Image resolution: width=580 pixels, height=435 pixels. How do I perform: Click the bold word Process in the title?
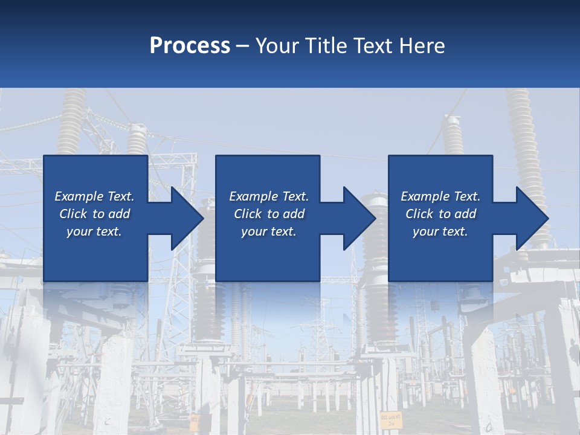190,46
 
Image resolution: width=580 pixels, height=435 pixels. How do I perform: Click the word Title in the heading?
323,46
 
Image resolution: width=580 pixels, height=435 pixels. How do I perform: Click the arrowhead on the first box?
187,218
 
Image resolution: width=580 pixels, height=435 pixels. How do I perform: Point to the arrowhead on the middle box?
359,218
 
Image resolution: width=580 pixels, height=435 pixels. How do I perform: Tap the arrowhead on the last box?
532,218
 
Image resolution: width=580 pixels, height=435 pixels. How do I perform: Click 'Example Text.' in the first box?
94,196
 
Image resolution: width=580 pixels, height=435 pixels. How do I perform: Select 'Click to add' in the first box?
94,214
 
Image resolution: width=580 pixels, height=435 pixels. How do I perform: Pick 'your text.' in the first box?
94,231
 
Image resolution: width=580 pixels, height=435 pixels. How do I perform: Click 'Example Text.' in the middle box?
269,196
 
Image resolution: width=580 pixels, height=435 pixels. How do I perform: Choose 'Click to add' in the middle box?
269,214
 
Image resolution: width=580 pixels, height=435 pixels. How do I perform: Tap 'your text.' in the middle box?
269,231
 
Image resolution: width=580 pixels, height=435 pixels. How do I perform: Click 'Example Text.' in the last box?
440,196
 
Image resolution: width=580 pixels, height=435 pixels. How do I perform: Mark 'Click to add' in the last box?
440,214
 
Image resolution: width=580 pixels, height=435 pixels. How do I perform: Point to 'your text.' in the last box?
440,231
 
